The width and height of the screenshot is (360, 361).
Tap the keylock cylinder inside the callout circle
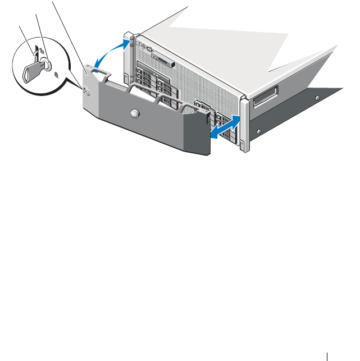47,66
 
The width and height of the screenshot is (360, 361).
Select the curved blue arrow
110,53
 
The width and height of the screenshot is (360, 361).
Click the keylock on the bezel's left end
85,91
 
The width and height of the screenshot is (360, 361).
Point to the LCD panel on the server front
162,60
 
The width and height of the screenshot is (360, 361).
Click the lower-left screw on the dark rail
259,131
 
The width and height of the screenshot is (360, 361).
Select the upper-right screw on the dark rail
317,97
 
